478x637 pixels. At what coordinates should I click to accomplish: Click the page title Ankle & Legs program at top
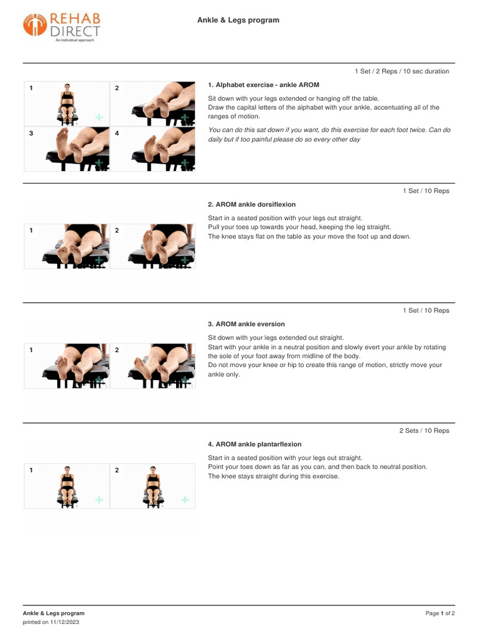pos(238,21)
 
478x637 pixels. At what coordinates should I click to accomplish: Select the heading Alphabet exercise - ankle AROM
pos(263,85)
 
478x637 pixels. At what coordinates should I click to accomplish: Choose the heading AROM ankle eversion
pos(246,324)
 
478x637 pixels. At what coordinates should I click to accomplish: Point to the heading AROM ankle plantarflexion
pos(255,444)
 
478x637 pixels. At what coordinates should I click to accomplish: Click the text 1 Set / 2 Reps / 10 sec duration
pos(401,72)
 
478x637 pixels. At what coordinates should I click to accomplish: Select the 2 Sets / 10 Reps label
pos(424,430)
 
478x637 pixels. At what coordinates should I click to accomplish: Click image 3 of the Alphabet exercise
pos(67,149)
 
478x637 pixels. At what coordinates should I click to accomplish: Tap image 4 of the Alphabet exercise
pos(152,149)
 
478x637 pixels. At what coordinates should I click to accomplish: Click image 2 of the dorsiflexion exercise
pos(152,246)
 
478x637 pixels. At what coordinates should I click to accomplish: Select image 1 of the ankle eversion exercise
pos(67,366)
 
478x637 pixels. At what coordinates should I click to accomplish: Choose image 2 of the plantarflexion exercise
pos(152,486)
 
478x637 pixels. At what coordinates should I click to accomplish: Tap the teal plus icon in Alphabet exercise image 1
pos(99,117)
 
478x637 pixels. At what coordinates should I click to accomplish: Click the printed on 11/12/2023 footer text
pos(51,622)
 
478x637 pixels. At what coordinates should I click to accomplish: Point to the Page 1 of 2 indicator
pos(439,613)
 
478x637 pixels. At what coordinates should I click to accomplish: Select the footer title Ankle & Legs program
pos(54,613)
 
